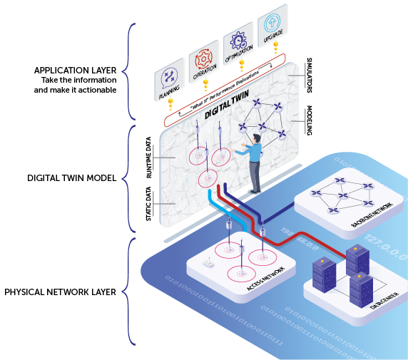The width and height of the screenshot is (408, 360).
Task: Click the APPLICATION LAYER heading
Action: tap(75, 70)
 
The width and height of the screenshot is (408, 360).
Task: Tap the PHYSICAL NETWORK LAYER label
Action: tap(61, 292)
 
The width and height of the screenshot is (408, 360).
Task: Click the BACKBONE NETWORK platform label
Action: tap(372, 214)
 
